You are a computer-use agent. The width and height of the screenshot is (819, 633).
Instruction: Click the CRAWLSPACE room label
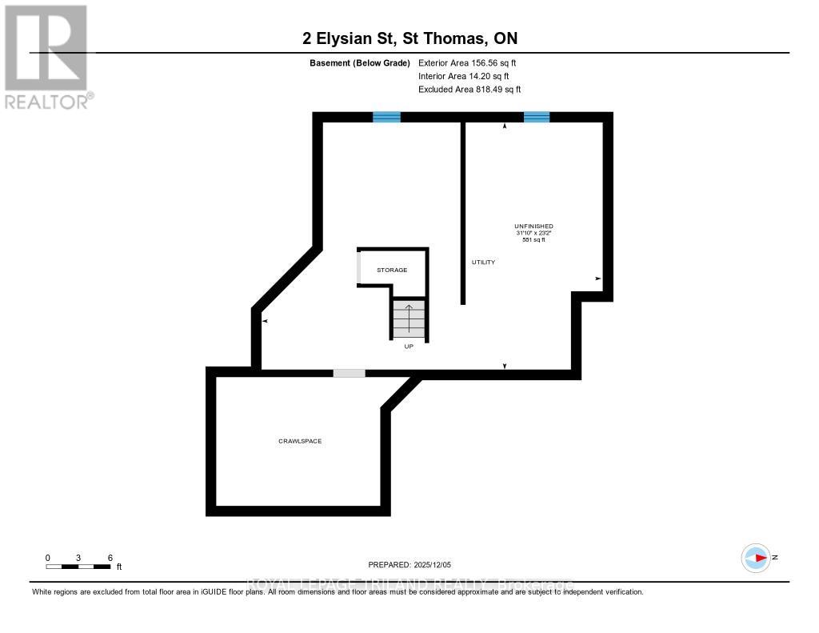coord(300,441)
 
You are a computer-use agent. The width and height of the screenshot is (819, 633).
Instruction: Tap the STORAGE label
coord(392,270)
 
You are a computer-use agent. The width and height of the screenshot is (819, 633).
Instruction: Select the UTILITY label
coord(483,262)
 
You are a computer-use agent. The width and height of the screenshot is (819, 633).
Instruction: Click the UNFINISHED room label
coord(533,226)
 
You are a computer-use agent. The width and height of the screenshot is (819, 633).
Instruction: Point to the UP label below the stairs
coord(408,347)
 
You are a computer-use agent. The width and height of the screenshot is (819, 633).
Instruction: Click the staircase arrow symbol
coord(409,318)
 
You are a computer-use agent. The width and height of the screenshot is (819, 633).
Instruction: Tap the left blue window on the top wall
coord(386,117)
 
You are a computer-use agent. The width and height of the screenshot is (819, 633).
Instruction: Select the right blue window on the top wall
coord(537,117)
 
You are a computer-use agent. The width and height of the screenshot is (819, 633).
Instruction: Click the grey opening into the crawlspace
coord(349,373)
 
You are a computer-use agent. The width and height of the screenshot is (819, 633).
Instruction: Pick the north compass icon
coord(756,557)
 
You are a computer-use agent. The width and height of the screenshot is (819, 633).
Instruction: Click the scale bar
coord(78,567)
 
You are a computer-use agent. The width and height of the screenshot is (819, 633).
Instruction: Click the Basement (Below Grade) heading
coord(359,62)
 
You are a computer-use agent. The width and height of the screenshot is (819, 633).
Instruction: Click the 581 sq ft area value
coord(533,240)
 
